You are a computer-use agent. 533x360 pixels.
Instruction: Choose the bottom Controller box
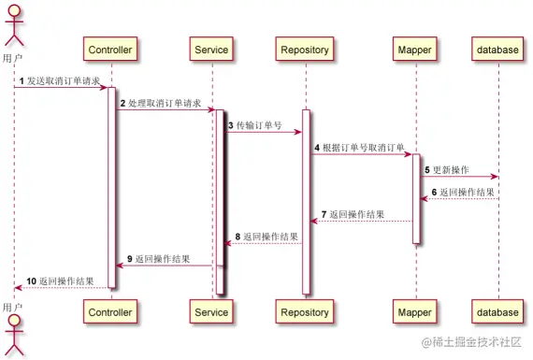tap(110, 311)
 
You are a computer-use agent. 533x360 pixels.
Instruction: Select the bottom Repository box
tap(306, 311)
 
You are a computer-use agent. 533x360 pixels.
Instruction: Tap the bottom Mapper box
tap(415, 311)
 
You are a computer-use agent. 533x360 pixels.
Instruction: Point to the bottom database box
tap(497, 311)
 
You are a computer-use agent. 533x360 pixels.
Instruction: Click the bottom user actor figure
tap(13, 332)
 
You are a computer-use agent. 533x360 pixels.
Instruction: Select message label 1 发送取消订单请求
tap(61, 81)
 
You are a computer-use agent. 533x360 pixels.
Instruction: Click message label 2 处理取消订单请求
tap(160, 103)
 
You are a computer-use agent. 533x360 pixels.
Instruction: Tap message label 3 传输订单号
tap(255, 125)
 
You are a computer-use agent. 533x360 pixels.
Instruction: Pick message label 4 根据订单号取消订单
tap(359, 148)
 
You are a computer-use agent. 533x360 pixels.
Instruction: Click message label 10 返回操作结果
tap(59, 280)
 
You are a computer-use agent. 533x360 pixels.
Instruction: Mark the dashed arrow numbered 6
tap(459, 198)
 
